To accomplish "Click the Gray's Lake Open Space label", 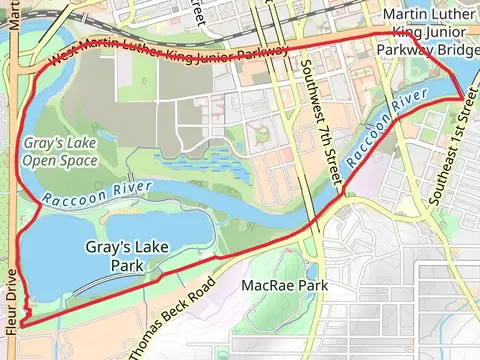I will point(59,149).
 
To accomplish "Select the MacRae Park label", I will point(285,286).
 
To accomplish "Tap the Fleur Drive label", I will point(11,300).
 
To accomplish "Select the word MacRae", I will point(268,286).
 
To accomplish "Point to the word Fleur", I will point(11,312).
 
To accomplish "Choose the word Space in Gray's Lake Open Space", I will point(78,158).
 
